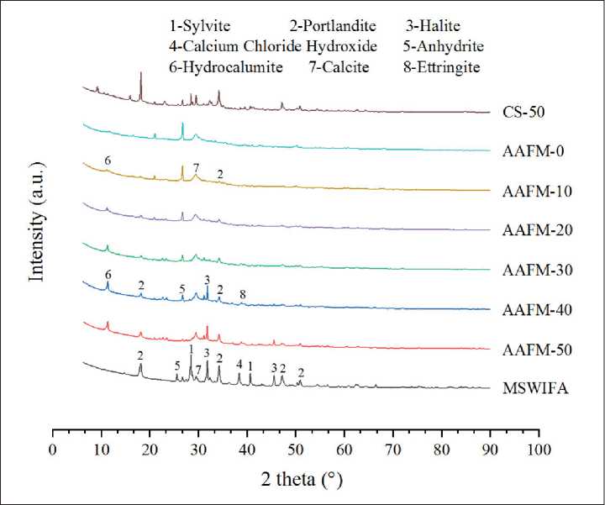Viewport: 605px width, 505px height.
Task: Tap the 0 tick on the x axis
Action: tap(53, 450)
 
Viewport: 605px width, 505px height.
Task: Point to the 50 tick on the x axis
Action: tap(296, 450)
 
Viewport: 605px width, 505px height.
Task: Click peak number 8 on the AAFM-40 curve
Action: tap(243, 294)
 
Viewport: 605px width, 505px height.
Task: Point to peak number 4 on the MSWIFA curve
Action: tap(239, 364)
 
